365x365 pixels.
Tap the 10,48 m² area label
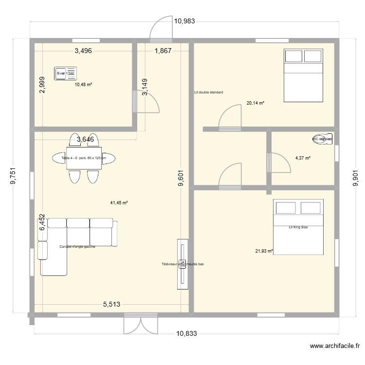(x=83, y=84)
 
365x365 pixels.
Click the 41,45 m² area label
(x=119, y=202)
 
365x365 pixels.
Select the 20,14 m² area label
(x=255, y=103)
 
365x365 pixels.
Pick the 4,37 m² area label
(x=303, y=158)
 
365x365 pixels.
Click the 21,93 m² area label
(x=264, y=251)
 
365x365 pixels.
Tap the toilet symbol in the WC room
(x=323, y=139)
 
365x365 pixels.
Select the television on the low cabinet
(x=182, y=264)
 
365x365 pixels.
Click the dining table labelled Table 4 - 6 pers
(x=84, y=158)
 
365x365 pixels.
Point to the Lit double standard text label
(x=208, y=92)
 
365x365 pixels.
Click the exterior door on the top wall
(x=160, y=30)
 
